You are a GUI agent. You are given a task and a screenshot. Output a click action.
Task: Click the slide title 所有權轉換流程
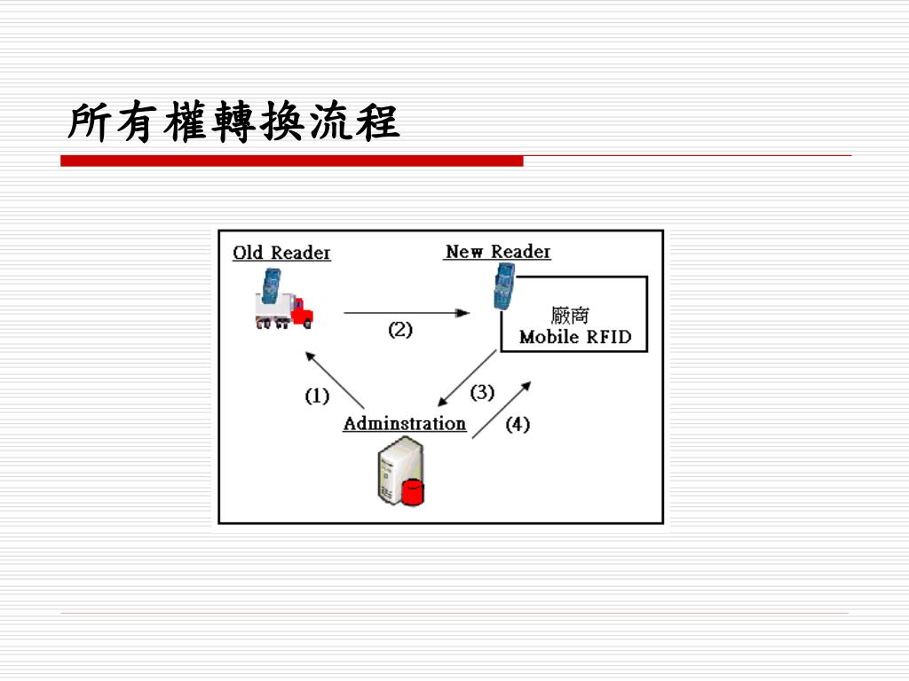coord(233,121)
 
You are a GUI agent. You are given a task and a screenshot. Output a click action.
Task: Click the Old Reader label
coord(281,253)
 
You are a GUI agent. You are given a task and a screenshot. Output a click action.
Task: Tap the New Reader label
coord(497,252)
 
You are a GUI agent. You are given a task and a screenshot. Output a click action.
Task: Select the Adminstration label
coord(405,423)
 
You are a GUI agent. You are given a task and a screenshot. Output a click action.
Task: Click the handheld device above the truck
coord(270,285)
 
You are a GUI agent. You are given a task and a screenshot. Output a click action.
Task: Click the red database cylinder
coord(413,490)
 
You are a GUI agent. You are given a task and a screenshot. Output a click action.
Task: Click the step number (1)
coord(317,395)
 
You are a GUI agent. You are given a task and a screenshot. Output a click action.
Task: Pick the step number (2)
coord(400,330)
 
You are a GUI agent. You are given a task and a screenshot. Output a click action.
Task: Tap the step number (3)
coord(482,391)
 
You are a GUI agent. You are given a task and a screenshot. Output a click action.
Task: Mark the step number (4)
coord(518,424)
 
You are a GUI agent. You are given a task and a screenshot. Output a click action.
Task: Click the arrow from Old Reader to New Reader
coord(406,313)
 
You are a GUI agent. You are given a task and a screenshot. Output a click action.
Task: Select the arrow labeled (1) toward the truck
coord(335,380)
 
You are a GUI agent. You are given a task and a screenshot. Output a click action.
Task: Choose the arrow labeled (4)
coord(502,410)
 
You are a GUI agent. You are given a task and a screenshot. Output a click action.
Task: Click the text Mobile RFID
coord(574,337)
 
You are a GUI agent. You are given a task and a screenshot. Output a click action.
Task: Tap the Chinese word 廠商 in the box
coord(570,315)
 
